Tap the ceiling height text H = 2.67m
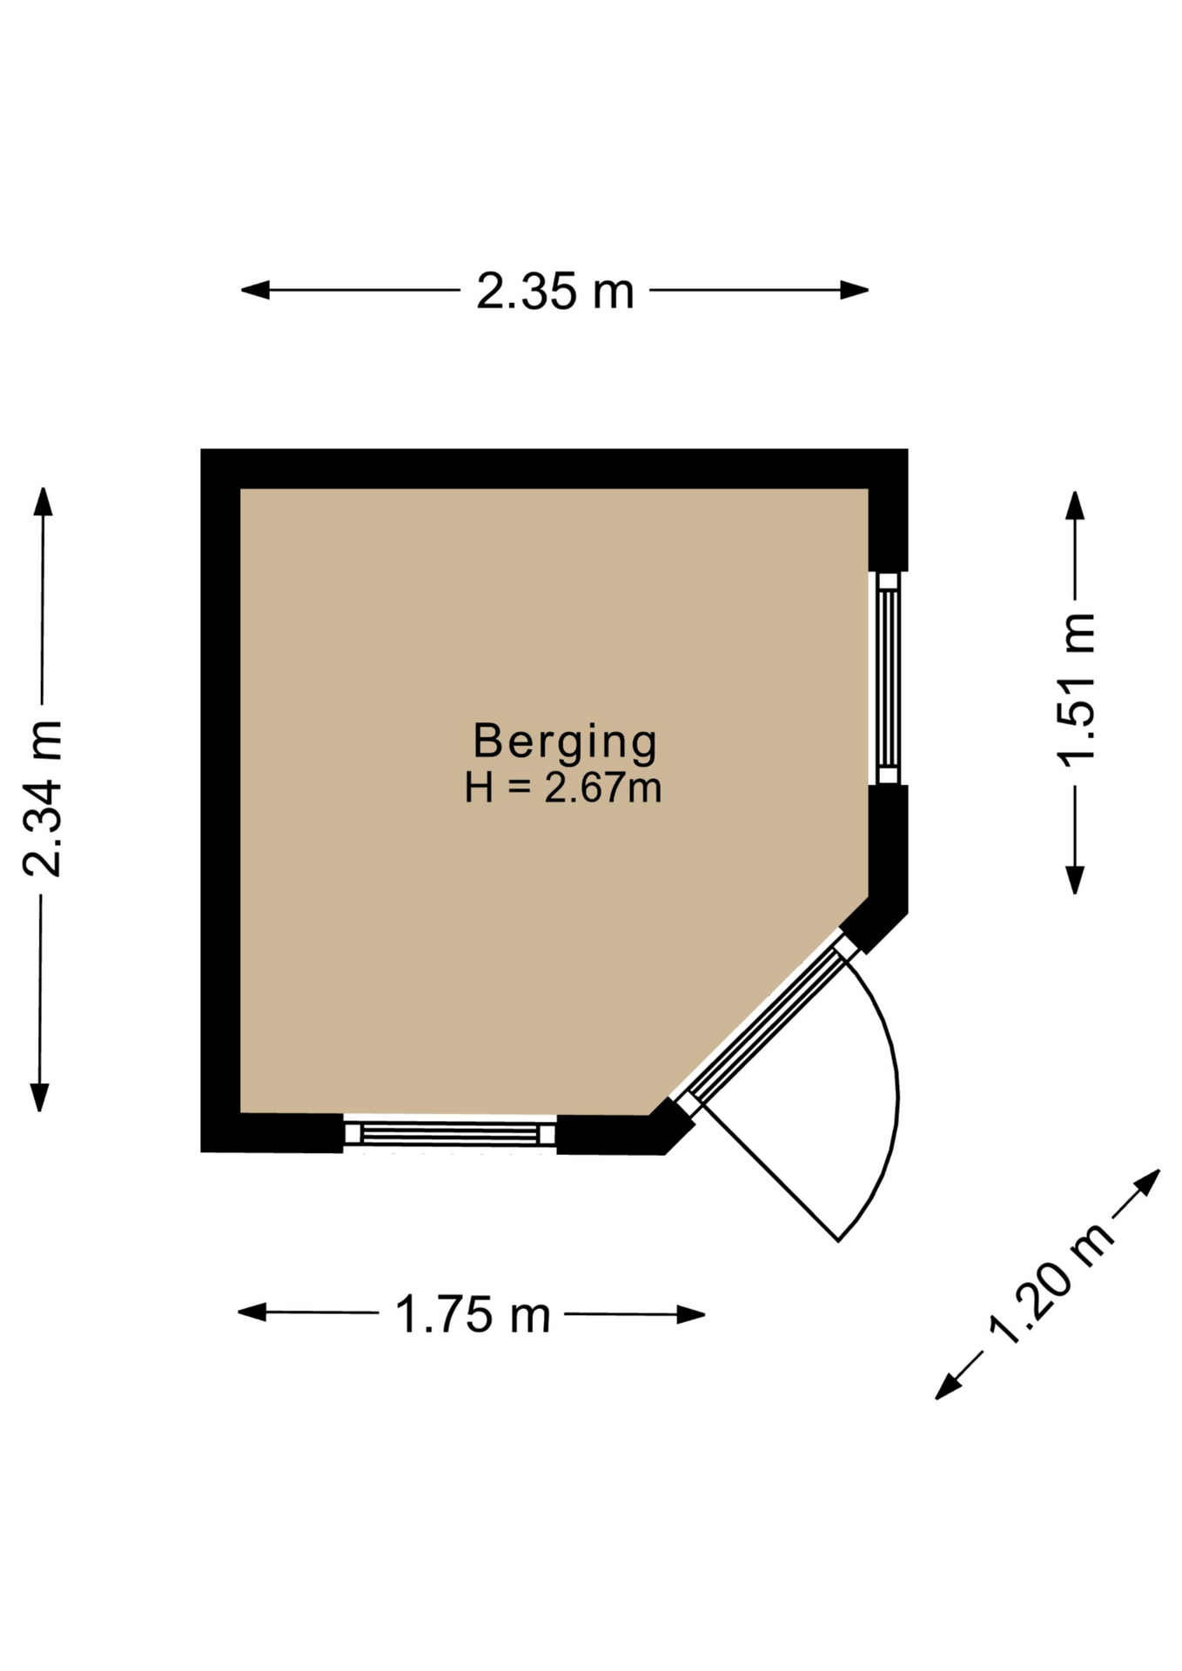pyautogui.click(x=563, y=788)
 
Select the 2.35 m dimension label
pyautogui.click(x=554, y=292)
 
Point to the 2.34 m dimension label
pyautogui.click(x=43, y=798)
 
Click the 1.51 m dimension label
pyautogui.click(x=1076, y=690)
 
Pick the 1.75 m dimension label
pyautogui.click(x=473, y=1314)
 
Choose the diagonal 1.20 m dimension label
pyautogui.click(x=1050, y=1284)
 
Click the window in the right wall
pyautogui.click(x=888, y=678)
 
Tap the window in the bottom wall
pyautogui.click(x=450, y=1133)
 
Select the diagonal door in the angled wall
pyautogui.click(x=767, y=1023)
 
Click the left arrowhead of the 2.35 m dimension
pyautogui.click(x=254, y=290)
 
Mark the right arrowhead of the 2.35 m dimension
pyautogui.click(x=855, y=290)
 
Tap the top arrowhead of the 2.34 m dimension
pyautogui.click(x=43, y=501)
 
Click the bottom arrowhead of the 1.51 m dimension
pyautogui.click(x=1076, y=880)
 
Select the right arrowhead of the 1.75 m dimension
pyautogui.click(x=691, y=1314)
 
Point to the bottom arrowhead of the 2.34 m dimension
pyautogui.click(x=40, y=1097)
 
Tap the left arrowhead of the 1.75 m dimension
pyautogui.click(x=252, y=1312)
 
